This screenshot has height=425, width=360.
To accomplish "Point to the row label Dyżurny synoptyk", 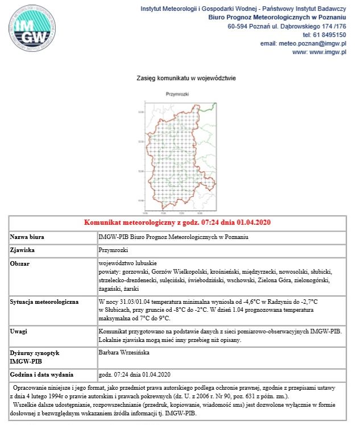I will pos(34,353).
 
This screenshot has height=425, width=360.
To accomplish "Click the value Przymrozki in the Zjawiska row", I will pos(114,250).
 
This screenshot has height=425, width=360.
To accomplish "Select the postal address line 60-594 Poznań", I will pos(287,26).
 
